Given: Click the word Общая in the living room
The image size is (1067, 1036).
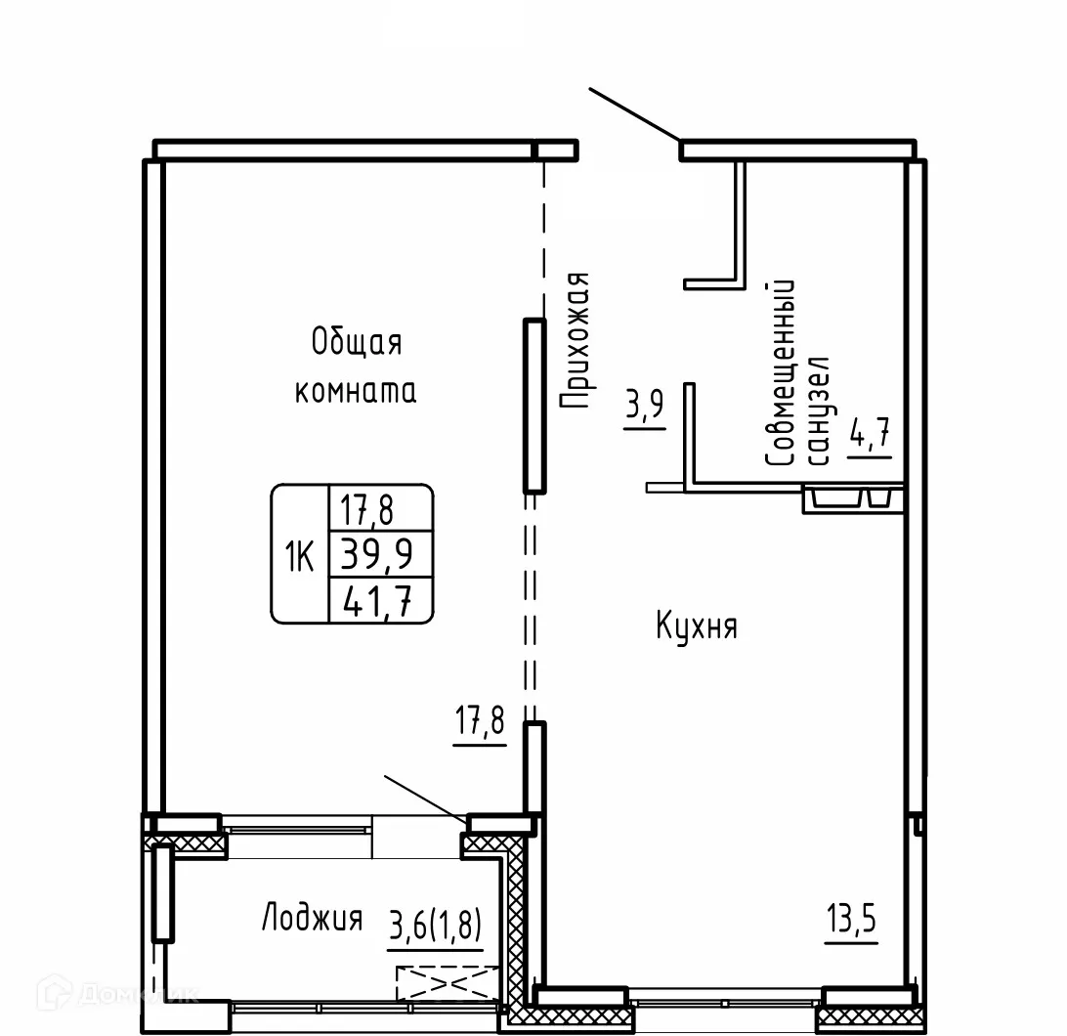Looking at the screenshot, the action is click(357, 342).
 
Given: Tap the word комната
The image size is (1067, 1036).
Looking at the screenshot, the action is click(356, 391).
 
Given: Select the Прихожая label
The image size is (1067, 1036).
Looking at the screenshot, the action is click(575, 340).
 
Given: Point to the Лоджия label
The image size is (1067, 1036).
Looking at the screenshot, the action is click(313, 918).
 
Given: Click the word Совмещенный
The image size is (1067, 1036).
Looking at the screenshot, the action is click(781, 372).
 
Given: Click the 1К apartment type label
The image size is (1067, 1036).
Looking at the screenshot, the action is click(299, 557).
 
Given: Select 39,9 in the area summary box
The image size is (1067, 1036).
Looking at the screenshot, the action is click(377, 553).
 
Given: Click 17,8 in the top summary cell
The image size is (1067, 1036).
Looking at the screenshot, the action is click(366, 510).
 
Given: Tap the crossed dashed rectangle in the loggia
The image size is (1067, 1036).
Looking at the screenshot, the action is click(448, 983).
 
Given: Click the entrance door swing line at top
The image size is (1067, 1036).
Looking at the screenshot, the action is click(634, 114).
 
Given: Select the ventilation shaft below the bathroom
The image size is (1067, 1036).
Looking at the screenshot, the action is click(853, 498).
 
